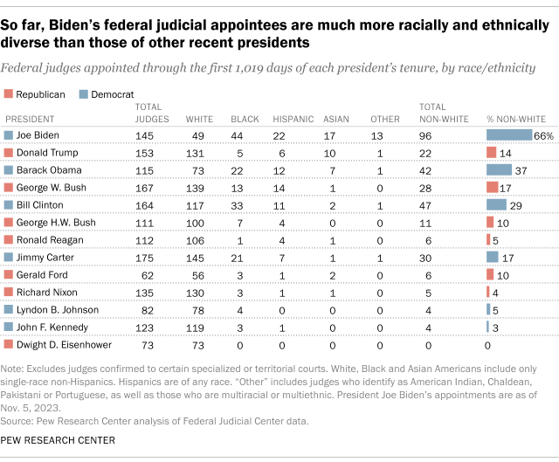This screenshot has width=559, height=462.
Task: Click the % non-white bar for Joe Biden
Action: point(509,135)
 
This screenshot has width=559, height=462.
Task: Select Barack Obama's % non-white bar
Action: point(499,169)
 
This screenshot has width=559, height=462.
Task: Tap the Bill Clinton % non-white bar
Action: point(496,204)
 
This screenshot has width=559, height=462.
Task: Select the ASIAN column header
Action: point(336,118)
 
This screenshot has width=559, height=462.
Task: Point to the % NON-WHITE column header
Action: point(515,118)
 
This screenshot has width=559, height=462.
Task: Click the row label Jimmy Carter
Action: point(44,257)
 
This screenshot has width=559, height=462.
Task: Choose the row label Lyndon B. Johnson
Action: point(54,309)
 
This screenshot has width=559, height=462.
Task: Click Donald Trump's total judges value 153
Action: point(144,153)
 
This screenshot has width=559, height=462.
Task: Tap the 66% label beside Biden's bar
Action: point(544,135)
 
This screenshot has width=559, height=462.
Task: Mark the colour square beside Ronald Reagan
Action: point(9,239)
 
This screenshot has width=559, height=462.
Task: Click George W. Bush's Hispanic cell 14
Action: point(279,187)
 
